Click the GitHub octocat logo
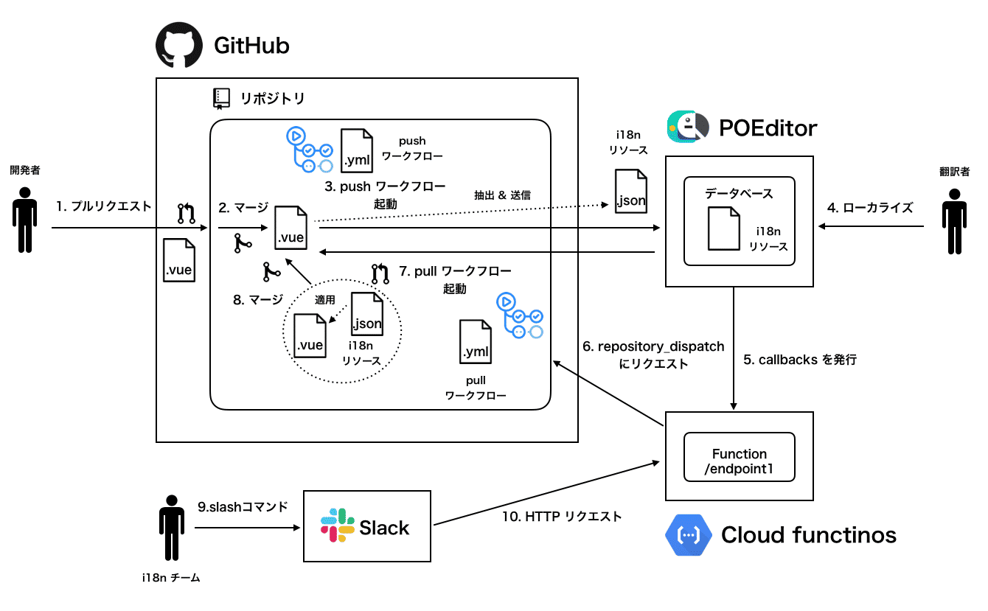coord(179,45)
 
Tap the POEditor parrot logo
coord(688,127)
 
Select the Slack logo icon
coord(338,525)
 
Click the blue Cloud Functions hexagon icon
coord(688,535)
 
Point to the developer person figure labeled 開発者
coord(25,220)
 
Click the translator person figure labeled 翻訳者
coord(955,221)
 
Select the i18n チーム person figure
coord(172,527)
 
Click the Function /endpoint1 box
coord(740,457)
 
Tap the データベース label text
coord(739,194)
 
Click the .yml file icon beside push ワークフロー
coord(356,150)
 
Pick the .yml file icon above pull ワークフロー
coord(475,342)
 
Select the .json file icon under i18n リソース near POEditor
coord(630,192)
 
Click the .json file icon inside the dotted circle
coord(367,314)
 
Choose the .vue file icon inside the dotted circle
coord(310,335)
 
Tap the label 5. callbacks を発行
coord(800,360)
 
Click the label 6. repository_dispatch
coord(653,346)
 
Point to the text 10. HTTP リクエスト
coord(562,516)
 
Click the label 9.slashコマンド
coord(243,507)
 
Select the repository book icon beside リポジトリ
coord(221,98)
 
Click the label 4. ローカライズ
coord(870,208)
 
